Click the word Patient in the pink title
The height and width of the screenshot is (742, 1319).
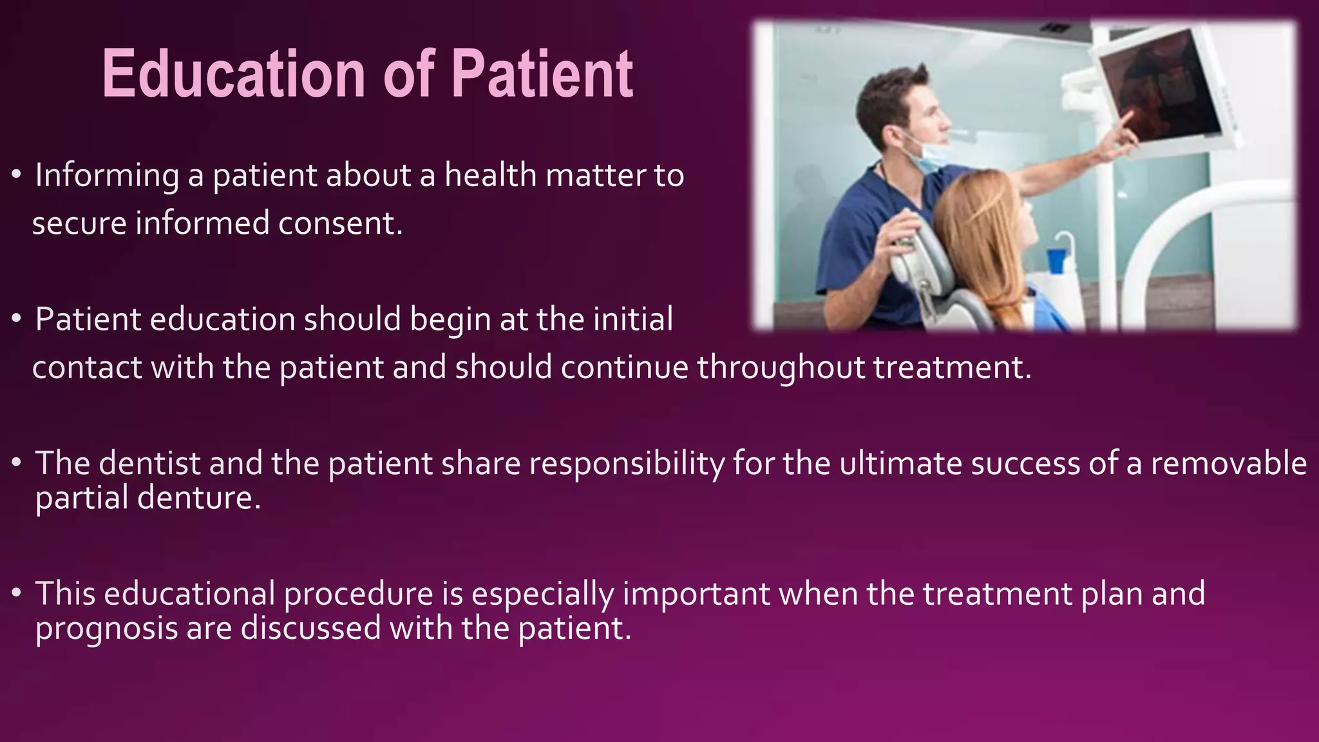pos(542,75)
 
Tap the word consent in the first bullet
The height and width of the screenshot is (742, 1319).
pos(340,224)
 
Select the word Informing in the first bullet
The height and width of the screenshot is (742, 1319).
pos(107,175)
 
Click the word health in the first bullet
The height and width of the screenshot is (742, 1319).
pos(491,175)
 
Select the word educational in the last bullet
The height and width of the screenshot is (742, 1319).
pos(189,593)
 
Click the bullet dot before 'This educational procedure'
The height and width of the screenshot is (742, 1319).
pos(17,593)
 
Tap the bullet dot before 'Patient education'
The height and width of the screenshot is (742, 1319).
pos(17,319)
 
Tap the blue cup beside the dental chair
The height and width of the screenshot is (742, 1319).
pos(1056,260)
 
